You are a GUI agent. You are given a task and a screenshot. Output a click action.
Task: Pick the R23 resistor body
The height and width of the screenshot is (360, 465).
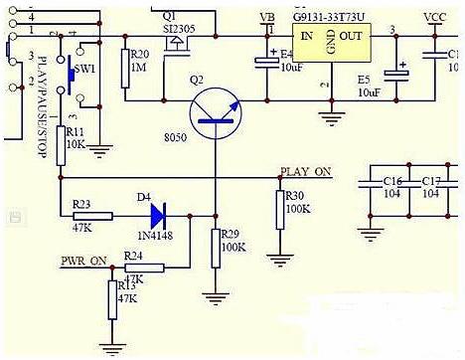pyautogui.click(x=93, y=215)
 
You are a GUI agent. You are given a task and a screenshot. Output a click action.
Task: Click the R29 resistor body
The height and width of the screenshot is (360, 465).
pyautogui.click(x=215, y=248)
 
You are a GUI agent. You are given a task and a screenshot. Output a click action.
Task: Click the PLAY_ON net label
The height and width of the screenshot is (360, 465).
pyautogui.click(x=306, y=172)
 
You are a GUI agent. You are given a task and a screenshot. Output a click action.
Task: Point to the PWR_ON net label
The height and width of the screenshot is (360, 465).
pyautogui.click(x=83, y=261)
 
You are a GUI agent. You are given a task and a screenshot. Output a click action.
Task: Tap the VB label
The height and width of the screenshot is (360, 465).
pyautogui.click(x=266, y=18)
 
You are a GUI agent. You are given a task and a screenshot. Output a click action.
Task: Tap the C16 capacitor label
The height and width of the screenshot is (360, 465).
pyautogui.click(x=390, y=181)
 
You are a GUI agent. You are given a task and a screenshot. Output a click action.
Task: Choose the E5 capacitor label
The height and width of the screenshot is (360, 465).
pyautogui.click(x=362, y=77)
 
